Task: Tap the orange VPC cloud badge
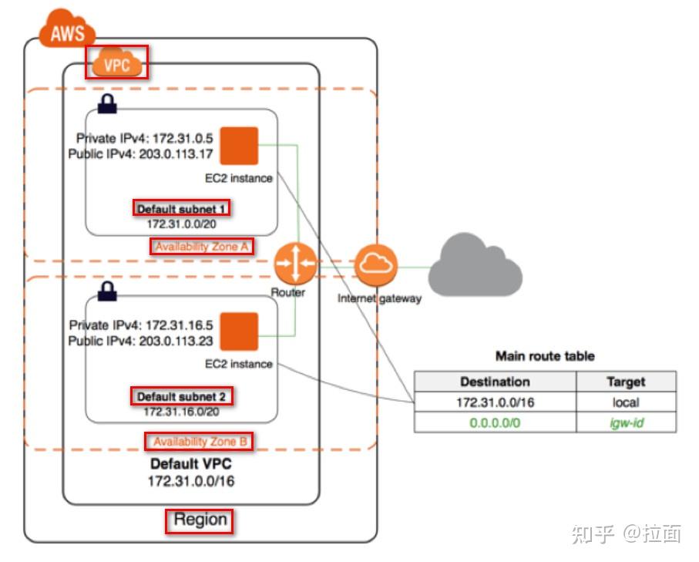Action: (117, 65)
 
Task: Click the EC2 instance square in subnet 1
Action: (239, 146)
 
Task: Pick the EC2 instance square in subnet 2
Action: (239, 331)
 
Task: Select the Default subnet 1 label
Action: (181, 208)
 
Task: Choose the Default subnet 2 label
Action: (181, 396)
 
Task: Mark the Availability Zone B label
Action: (199, 442)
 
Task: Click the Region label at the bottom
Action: (200, 520)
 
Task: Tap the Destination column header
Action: (495, 382)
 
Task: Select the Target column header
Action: (626, 382)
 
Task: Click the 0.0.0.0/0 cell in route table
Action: (495, 422)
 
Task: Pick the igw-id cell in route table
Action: (626, 422)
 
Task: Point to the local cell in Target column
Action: (626, 402)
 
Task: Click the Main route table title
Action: (544, 356)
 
